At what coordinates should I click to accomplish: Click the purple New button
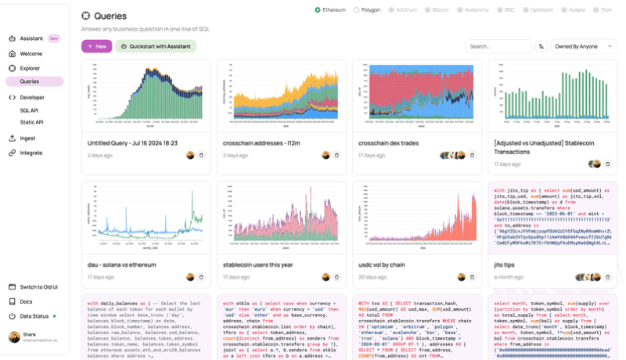click(96, 46)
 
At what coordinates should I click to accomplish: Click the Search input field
click(499, 46)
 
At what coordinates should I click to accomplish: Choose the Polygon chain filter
click(368, 10)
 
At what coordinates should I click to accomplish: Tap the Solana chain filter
click(574, 10)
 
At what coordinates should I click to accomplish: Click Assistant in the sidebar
click(31, 38)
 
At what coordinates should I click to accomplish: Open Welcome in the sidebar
click(31, 54)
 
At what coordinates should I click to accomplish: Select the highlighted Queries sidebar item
click(30, 81)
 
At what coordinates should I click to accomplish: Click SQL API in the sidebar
click(29, 110)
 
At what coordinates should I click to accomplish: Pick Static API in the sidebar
click(31, 122)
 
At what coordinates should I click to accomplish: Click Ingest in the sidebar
click(28, 139)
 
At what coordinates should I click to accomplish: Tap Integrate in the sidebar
click(31, 153)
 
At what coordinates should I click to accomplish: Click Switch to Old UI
click(40, 287)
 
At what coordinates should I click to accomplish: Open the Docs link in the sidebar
click(26, 301)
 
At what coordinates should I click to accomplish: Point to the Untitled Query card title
click(132, 143)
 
